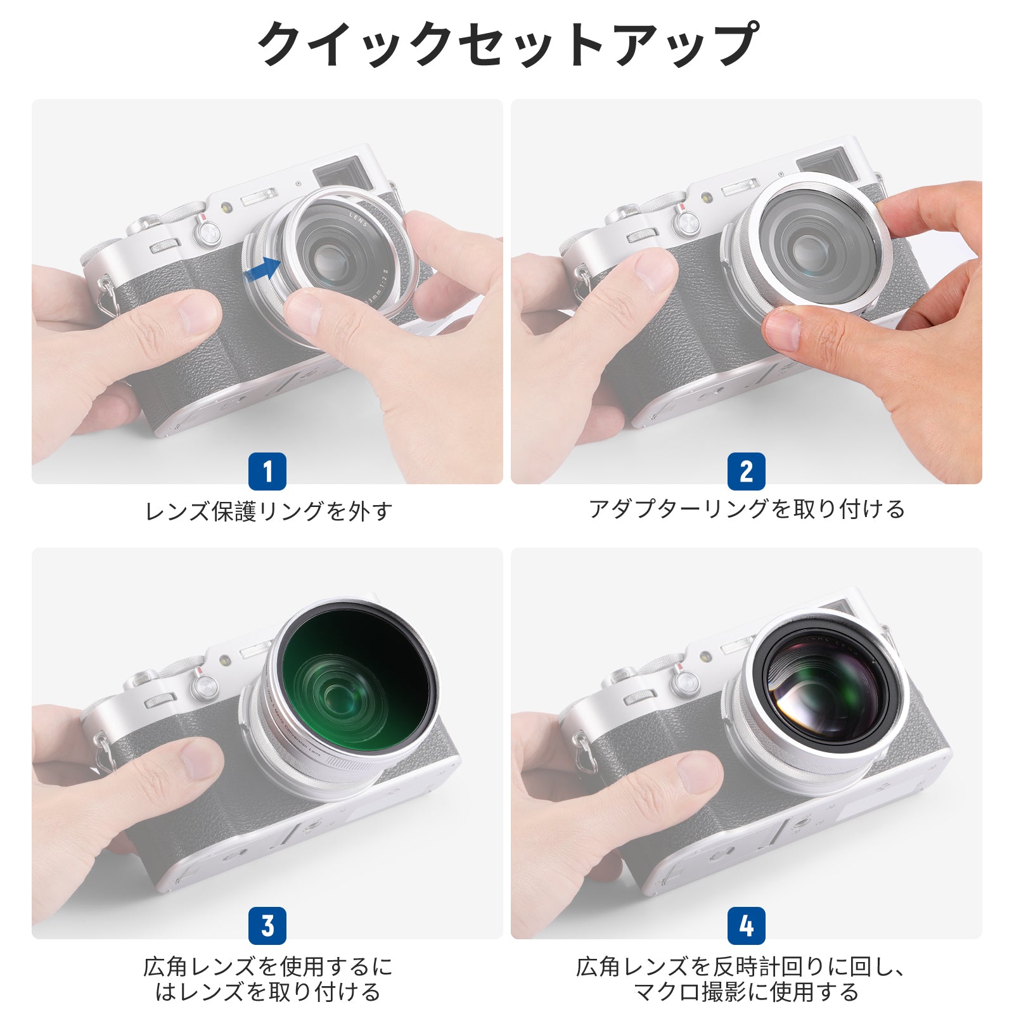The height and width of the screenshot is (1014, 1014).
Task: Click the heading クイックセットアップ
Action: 506,44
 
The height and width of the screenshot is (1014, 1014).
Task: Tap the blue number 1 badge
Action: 267,472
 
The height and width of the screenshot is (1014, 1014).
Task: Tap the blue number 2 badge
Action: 747,472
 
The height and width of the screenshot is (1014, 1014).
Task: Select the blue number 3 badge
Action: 267,926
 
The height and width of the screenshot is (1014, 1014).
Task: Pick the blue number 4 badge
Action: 747,926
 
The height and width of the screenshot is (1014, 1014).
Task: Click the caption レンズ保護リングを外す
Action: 269,511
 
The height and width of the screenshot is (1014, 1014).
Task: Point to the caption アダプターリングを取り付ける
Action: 747,509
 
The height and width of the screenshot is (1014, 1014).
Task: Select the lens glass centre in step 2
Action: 809,250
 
